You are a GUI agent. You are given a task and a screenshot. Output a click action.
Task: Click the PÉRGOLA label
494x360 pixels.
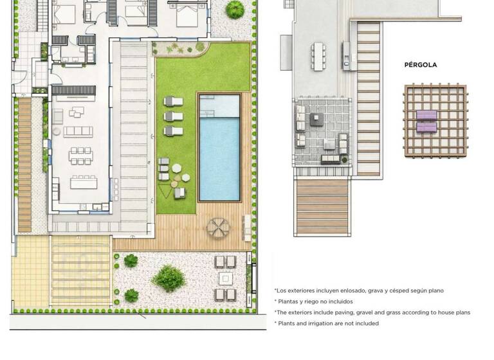point(420,65)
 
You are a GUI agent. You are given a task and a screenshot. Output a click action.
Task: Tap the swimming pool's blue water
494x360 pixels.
point(219,157)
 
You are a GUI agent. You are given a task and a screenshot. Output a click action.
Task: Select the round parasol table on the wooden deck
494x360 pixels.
point(217,227)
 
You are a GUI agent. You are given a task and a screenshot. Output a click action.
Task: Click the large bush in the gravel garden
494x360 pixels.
point(169,278)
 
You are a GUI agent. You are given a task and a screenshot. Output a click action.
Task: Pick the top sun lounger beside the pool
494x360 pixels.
point(173,101)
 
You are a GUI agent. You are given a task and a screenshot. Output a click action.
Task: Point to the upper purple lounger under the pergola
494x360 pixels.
point(426,115)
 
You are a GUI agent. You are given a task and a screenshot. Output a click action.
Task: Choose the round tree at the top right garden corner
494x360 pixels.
point(235,9)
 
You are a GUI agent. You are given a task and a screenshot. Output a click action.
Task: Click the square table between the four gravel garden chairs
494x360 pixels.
point(225,278)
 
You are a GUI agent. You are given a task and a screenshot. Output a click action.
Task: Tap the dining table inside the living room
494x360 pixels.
point(80,155)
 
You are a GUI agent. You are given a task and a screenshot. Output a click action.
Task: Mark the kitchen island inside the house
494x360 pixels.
point(83,183)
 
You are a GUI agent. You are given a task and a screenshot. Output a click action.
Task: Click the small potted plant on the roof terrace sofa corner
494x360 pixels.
point(345,159)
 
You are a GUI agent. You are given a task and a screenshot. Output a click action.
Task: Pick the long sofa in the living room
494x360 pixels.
point(78,131)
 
